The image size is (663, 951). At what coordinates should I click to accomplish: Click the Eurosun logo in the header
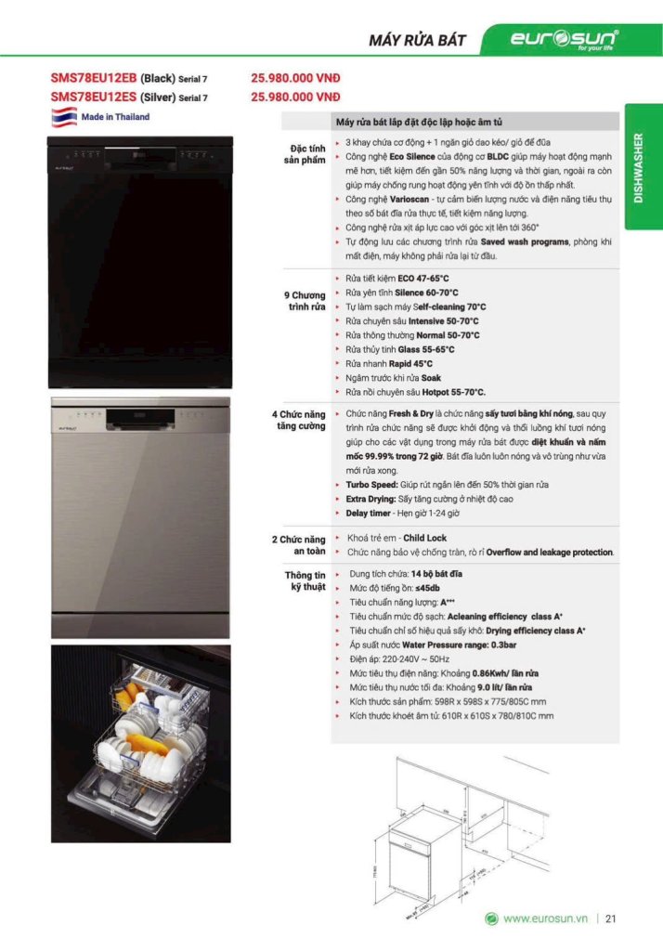point(563,39)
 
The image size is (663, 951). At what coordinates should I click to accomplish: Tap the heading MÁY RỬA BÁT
point(417,40)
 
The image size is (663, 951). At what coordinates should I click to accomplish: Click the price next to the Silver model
point(295,96)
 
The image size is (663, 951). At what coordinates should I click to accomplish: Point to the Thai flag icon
point(62,118)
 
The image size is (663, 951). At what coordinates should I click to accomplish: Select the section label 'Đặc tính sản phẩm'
point(305,154)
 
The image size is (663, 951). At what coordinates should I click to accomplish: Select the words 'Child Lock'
point(424,538)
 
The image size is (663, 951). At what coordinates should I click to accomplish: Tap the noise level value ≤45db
point(425,588)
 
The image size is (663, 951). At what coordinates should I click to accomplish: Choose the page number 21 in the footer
point(611,919)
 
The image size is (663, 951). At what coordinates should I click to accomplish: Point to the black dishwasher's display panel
point(142,154)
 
